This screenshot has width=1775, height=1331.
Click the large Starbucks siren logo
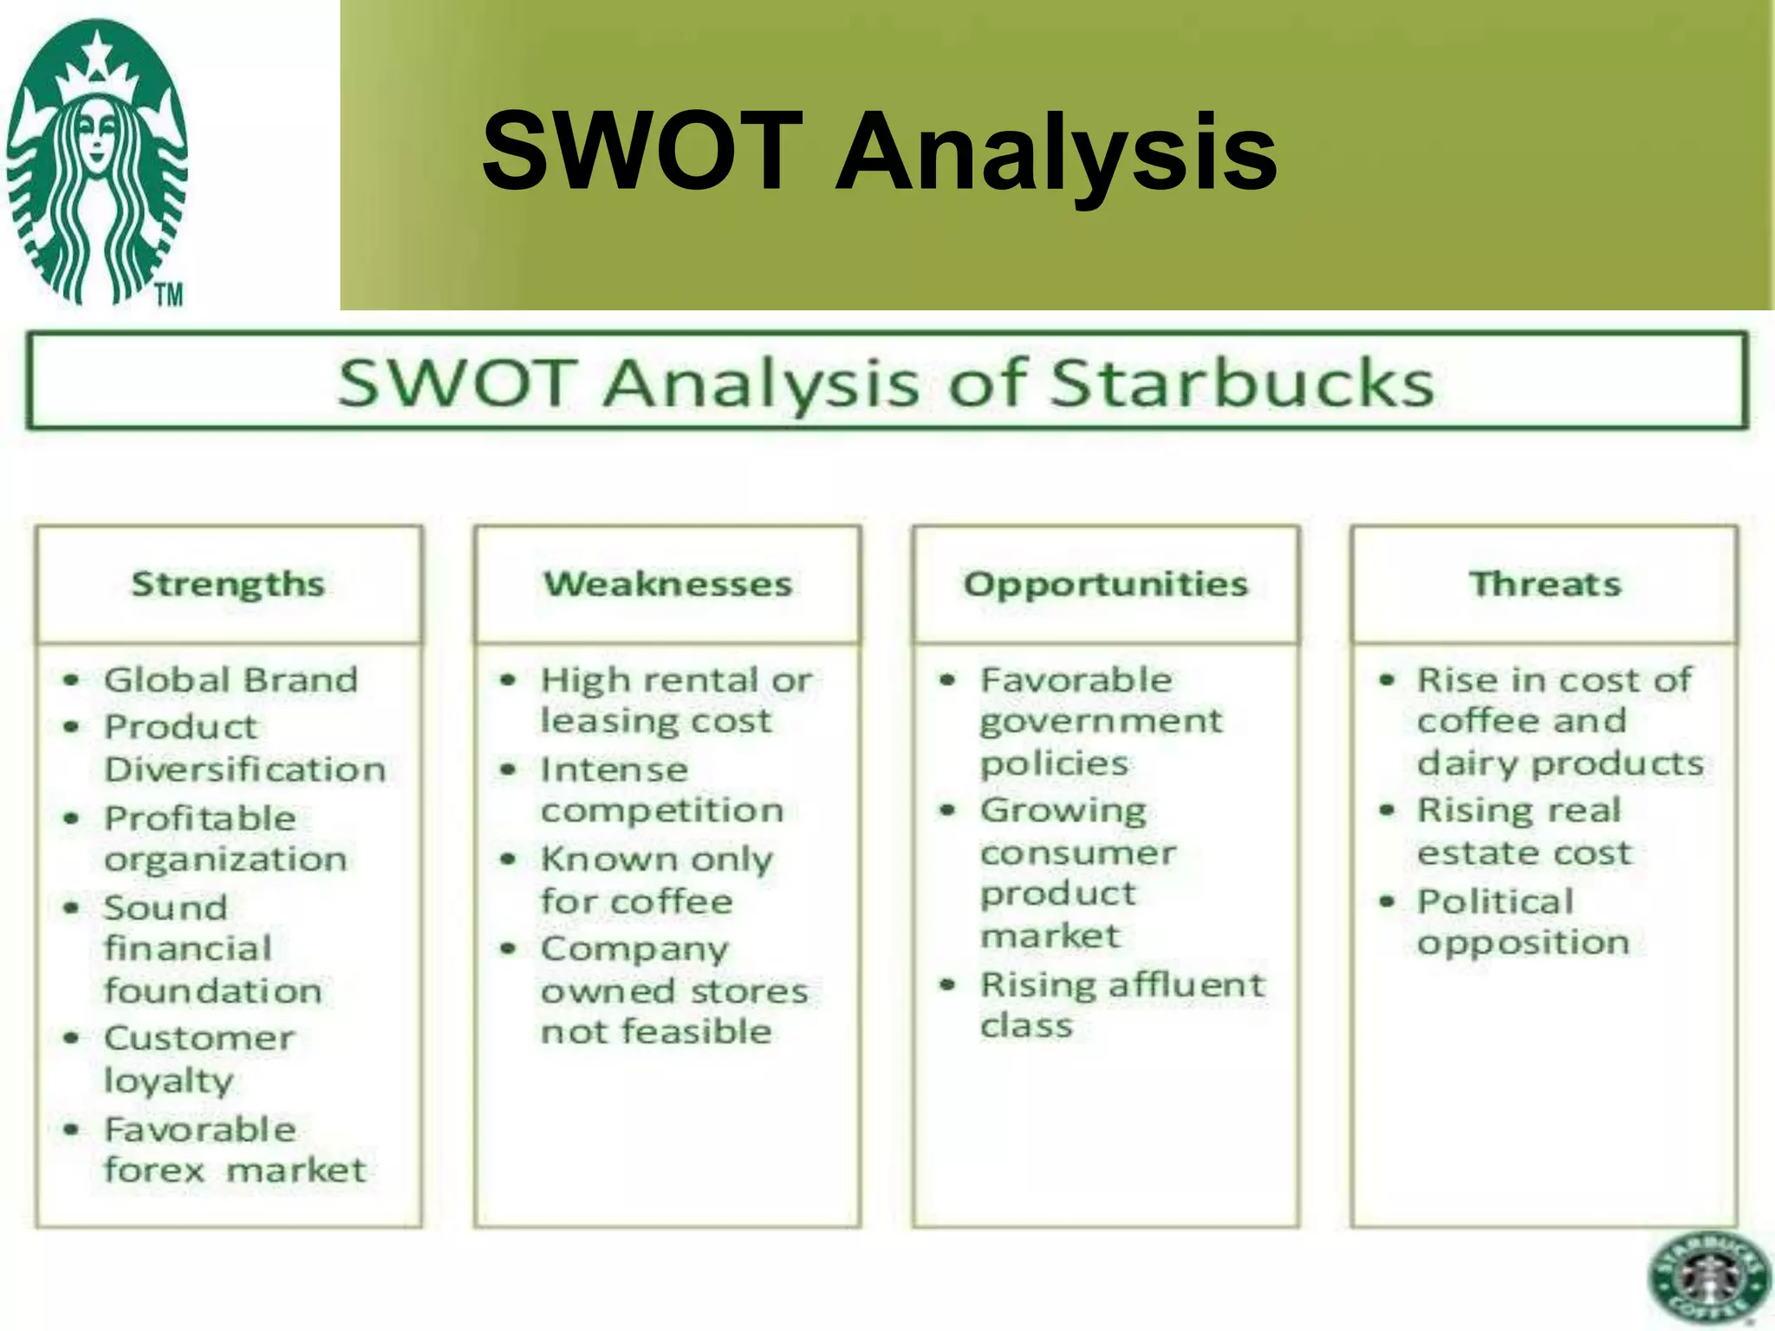[x=97, y=160]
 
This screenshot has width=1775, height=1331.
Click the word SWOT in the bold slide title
[x=641, y=152]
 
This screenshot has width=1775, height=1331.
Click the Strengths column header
[x=228, y=584]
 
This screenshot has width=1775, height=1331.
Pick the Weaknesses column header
[x=667, y=584]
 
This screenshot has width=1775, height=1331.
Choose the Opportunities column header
[x=1106, y=584]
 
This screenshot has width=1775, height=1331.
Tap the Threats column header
[x=1544, y=584]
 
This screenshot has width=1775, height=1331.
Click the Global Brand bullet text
[x=231, y=679]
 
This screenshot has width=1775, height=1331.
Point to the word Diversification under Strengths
[x=245, y=769]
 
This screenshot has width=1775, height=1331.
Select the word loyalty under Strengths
[x=168, y=1081]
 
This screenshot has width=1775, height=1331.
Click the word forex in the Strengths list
[x=154, y=1171]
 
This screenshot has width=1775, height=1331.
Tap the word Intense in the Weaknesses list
[x=614, y=769]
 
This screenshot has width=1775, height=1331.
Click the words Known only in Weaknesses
[x=656, y=859]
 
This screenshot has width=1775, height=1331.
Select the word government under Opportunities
[x=1101, y=721]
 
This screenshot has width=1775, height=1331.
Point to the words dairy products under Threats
[x=1560, y=763]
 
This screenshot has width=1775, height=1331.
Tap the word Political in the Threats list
[x=1495, y=901]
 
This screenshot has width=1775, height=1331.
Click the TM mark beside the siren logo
[x=170, y=295]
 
